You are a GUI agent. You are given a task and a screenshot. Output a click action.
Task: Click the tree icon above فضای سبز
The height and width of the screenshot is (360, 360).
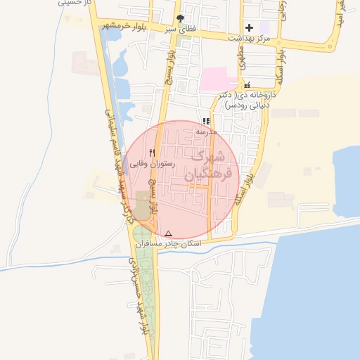tap(181, 19)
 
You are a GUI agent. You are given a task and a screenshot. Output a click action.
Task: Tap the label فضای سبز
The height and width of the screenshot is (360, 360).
tap(181, 30)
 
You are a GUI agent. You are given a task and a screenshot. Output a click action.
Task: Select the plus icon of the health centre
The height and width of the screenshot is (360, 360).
tap(249, 27)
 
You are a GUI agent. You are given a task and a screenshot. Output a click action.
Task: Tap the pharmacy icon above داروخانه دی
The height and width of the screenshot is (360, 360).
tap(246, 85)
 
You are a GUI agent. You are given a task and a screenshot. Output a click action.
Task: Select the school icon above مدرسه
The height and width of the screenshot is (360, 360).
tap(206, 121)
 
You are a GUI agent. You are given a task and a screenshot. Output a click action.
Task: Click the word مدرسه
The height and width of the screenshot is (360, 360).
tap(207, 131)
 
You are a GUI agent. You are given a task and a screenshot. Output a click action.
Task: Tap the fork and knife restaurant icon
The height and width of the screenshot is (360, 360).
tap(152, 152)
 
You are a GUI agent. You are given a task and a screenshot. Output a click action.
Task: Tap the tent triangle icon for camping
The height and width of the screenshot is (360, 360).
tap(168, 233)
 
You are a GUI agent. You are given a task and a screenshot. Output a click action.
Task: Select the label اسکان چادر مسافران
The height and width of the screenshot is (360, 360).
tap(168, 243)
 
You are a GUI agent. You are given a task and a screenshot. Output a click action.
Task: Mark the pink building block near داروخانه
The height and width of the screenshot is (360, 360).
tap(218, 79)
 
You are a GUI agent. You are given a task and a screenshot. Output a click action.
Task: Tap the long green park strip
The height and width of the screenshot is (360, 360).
tap(146, 295)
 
